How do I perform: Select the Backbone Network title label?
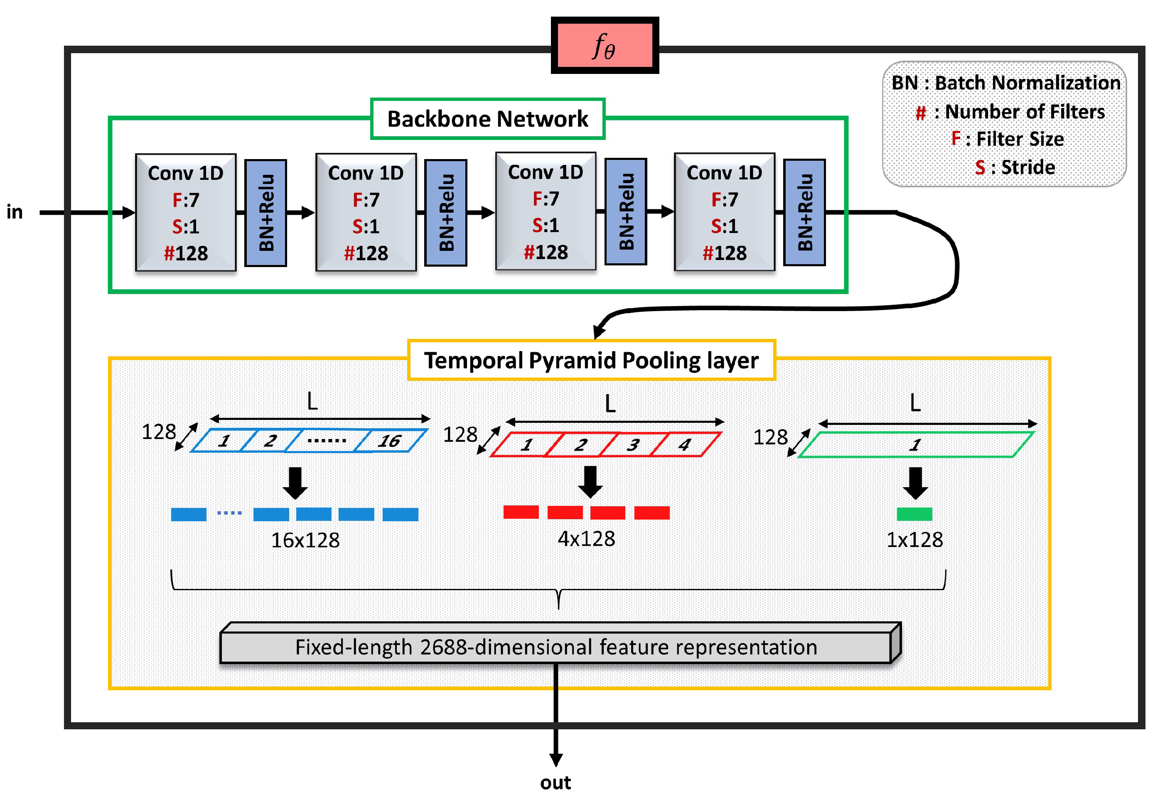[x=487, y=119]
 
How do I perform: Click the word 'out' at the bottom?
[x=555, y=782]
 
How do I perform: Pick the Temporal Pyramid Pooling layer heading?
[x=591, y=360]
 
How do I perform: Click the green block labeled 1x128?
[x=914, y=514]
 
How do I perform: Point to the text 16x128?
[x=305, y=540]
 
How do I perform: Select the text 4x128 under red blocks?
[x=586, y=539]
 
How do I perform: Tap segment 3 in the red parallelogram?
[x=633, y=445]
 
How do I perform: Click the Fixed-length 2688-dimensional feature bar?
[x=555, y=647]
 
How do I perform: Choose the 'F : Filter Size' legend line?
[x=1007, y=139]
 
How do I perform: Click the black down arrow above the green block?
[x=915, y=483]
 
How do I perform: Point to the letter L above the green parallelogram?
[x=915, y=403]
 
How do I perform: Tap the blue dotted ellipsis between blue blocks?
[x=229, y=513]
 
